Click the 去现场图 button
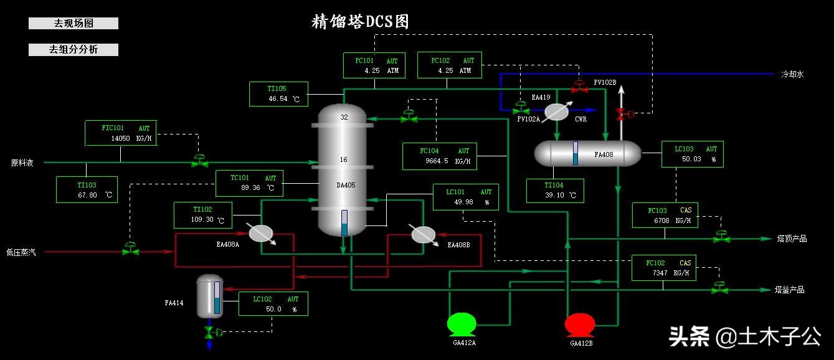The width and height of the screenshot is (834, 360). pyautogui.click(x=73, y=24)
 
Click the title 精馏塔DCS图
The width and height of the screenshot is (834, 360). pyautogui.click(x=360, y=22)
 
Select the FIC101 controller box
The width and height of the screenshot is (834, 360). pyautogui.click(x=121, y=133)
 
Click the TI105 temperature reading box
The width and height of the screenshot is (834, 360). pyautogui.click(x=278, y=93)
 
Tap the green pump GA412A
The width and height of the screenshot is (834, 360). pyautogui.click(x=462, y=324)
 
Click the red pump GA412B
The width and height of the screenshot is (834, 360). pyautogui.click(x=579, y=324)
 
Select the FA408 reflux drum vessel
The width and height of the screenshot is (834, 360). pyautogui.click(x=588, y=153)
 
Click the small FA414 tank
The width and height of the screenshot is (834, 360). pyautogui.click(x=209, y=296)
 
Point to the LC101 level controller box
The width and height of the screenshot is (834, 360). pyautogui.click(x=465, y=197)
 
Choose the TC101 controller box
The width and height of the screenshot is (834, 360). pyautogui.click(x=249, y=183)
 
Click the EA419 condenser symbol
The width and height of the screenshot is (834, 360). pyautogui.click(x=556, y=111)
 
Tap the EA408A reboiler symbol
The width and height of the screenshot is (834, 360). pyautogui.click(x=261, y=233)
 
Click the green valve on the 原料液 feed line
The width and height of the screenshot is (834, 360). pyautogui.click(x=199, y=162)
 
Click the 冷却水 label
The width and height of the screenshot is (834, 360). pyautogui.click(x=793, y=74)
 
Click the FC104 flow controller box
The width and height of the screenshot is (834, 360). pyautogui.click(x=440, y=156)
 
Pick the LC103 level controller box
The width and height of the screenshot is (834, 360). pyautogui.click(x=692, y=154)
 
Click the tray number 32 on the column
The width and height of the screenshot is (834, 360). pyautogui.click(x=344, y=117)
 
